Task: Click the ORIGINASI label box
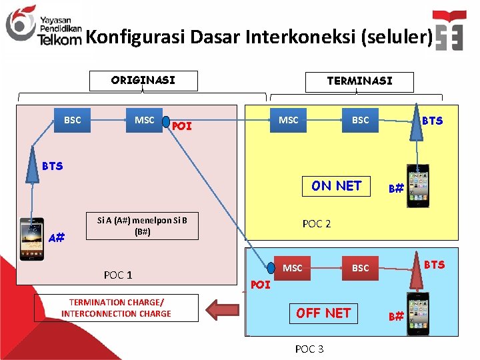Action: (143, 81)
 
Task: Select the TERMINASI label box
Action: (359, 81)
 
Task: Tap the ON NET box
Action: (337, 186)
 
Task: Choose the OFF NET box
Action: (324, 313)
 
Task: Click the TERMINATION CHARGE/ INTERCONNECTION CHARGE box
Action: (117, 308)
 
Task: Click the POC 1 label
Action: (118, 275)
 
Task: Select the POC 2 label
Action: (317, 223)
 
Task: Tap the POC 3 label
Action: (309, 349)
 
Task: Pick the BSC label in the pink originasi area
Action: (72, 120)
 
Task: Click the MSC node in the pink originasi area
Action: (145, 120)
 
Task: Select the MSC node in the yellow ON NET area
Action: (289, 120)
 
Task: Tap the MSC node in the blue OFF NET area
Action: (293, 268)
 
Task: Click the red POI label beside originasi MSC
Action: (181, 125)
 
